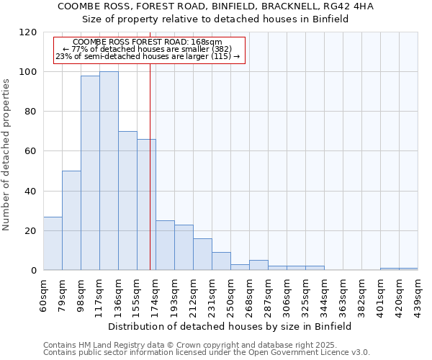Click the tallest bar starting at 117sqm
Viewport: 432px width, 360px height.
pyautogui.click(x=109, y=171)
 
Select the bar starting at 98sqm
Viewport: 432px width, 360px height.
pyautogui.click(x=90, y=173)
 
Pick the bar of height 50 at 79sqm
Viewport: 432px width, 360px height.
pyautogui.click(x=71, y=220)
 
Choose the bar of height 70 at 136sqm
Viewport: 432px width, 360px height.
pyautogui.click(x=127, y=201)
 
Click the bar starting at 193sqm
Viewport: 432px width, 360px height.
pyautogui.click(x=184, y=248)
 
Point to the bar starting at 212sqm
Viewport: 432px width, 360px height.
pyautogui.click(x=202, y=254)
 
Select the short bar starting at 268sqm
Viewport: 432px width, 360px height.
pyautogui.click(x=258, y=265)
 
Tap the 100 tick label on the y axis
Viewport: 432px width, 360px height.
pyautogui.click(x=29, y=72)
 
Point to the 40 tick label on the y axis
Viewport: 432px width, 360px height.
pyautogui.click(x=32, y=192)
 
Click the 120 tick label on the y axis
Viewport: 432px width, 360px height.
pyautogui.click(x=29, y=32)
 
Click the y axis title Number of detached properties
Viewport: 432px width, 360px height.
pyautogui.click(x=7, y=155)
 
